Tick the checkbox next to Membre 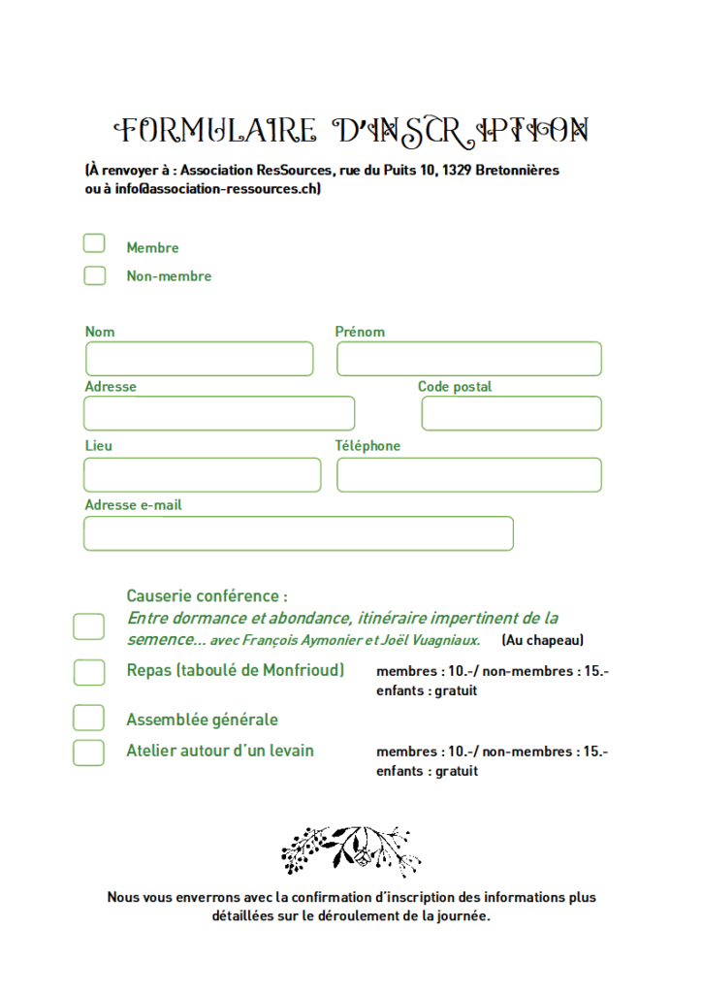click(94, 243)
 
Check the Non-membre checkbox click(94, 275)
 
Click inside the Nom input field click(199, 359)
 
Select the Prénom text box click(468, 359)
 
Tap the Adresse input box click(219, 413)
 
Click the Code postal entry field click(511, 413)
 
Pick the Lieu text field click(202, 475)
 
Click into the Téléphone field click(468, 475)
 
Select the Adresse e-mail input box click(298, 533)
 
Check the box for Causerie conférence click(88, 626)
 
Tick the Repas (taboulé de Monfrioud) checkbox click(88, 672)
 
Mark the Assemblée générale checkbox click(88, 718)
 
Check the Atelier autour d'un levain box click(88, 753)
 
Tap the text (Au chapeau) click(542, 640)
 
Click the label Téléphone click(367, 446)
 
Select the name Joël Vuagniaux click(431, 640)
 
